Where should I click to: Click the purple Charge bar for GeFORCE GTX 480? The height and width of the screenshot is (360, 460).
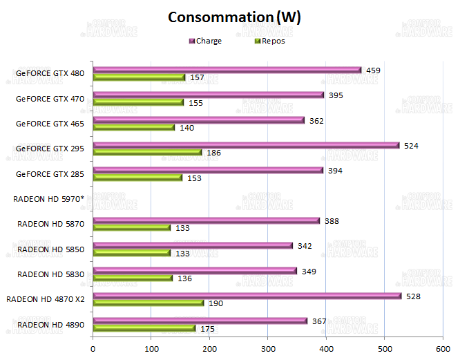[x=227, y=70]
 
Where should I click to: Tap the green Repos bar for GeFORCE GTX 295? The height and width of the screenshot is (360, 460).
[x=147, y=152]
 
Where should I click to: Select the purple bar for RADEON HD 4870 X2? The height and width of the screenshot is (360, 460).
[x=247, y=296]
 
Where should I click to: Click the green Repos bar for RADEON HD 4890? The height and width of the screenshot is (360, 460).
[x=144, y=328]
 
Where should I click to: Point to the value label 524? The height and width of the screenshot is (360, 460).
[x=412, y=145]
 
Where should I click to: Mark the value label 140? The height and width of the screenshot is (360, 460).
[x=186, y=128]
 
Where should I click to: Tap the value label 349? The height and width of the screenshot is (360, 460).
[x=309, y=271]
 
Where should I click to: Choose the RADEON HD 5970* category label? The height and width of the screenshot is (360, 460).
[x=48, y=198]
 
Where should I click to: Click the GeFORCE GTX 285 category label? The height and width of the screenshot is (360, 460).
[x=50, y=173]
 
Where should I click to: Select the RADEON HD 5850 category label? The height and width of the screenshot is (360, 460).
[x=50, y=249]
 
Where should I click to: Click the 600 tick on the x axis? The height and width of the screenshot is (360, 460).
[x=443, y=349]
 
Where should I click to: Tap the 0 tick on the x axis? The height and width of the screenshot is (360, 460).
[x=93, y=349]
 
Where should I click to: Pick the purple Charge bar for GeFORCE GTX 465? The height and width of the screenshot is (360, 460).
[x=199, y=120]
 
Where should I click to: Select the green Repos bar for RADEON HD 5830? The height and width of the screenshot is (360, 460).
[x=133, y=278]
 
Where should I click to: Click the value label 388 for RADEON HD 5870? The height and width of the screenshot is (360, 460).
[x=332, y=221]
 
